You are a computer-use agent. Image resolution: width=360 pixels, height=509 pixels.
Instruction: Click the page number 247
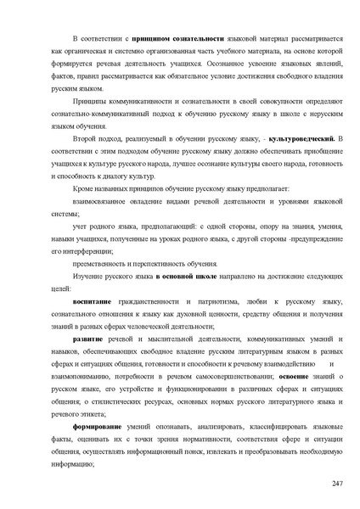[x=336, y=483]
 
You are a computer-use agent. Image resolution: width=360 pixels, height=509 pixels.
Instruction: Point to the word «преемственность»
[x=104, y=264]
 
